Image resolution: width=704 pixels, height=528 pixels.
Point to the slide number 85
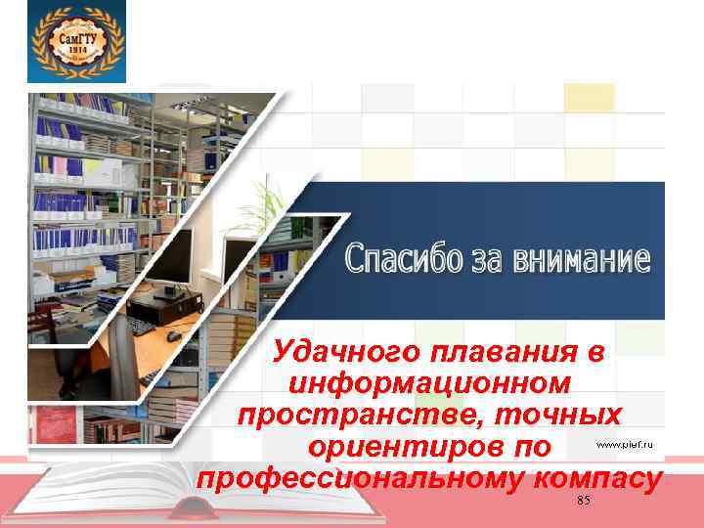584,501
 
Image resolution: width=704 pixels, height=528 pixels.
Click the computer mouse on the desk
173,335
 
